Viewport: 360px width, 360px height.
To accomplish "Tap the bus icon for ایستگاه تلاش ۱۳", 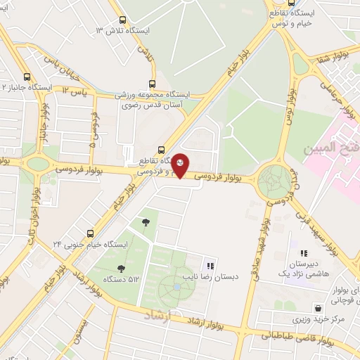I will click(x=123, y=20).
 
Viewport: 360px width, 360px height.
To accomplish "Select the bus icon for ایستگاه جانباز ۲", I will click(x=27, y=77).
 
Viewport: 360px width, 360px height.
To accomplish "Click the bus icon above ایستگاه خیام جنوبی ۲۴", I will click(x=90, y=233).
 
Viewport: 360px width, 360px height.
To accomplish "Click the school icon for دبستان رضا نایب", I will click(x=210, y=265).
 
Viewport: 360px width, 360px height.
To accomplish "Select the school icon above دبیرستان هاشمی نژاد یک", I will click(x=304, y=253).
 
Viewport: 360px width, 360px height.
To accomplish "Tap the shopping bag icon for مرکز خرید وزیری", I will click(x=319, y=308).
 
